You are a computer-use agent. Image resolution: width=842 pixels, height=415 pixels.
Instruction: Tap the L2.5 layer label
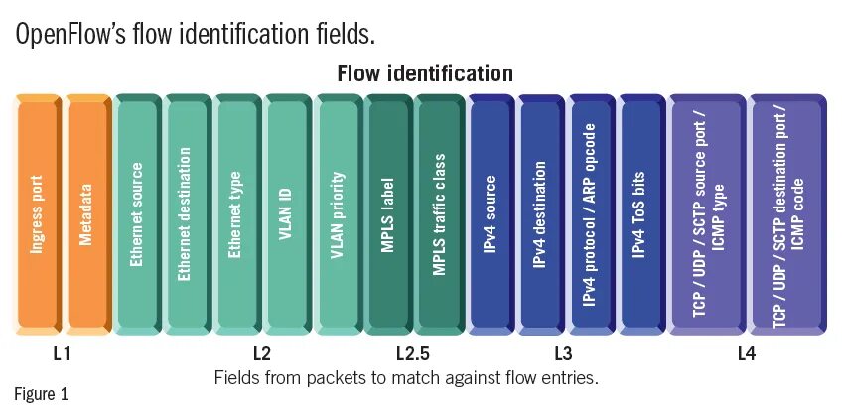tap(413, 352)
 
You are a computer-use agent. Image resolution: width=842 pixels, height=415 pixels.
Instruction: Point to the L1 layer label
tap(63, 352)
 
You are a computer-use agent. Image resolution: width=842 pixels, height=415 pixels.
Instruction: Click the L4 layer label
tap(747, 352)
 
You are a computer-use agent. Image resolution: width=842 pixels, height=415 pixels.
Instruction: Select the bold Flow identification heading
tap(425, 73)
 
